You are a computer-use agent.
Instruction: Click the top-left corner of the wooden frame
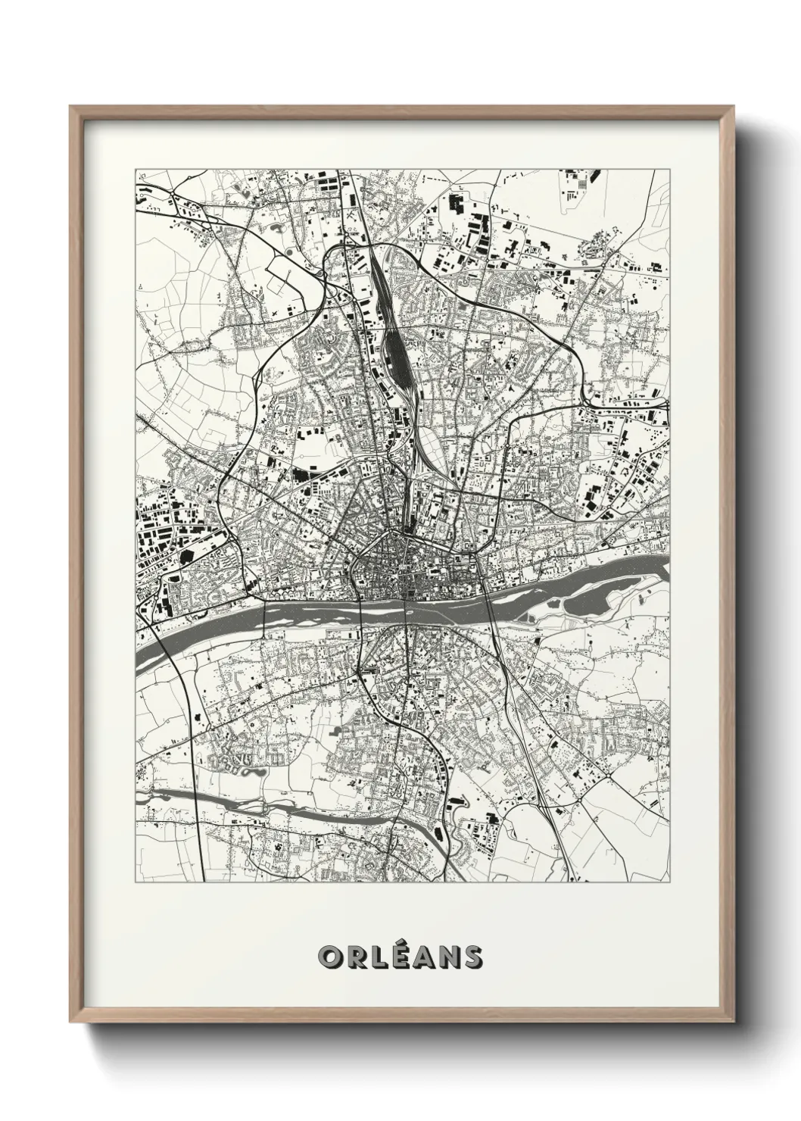click(x=70, y=107)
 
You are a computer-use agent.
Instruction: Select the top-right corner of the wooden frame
click(x=733, y=107)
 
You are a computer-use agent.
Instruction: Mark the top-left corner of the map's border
click(x=136, y=169)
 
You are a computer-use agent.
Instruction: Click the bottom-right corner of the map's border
click(x=670, y=882)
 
